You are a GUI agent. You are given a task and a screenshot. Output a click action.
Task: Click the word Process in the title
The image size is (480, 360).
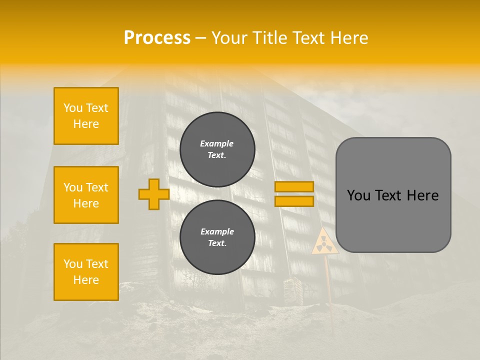[157, 38]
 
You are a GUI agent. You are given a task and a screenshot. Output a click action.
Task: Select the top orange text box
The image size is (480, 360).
[86, 116]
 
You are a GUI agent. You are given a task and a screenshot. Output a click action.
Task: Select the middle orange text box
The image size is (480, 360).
[86, 195]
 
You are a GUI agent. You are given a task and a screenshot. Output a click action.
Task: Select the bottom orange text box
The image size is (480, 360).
[86, 272]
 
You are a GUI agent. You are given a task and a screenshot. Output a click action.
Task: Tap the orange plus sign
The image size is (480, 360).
[153, 194]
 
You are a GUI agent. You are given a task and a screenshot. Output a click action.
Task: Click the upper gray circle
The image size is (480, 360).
[217, 149]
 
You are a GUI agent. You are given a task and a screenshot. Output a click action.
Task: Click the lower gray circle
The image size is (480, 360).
[217, 237]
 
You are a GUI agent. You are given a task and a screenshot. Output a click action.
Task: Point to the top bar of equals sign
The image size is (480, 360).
[294, 187]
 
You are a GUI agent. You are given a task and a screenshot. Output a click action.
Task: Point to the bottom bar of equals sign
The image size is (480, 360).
[294, 201]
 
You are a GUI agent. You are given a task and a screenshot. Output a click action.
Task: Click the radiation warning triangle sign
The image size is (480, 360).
[324, 242]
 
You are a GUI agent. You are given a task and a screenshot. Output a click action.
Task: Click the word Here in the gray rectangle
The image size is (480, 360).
[422, 195]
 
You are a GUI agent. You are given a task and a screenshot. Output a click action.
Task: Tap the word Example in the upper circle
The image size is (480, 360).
[216, 143]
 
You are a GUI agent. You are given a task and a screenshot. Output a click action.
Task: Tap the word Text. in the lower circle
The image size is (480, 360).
[217, 243]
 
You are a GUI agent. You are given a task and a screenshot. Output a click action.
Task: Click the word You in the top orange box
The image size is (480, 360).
[72, 108]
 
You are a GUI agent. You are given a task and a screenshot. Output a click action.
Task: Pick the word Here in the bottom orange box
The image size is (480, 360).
[86, 280]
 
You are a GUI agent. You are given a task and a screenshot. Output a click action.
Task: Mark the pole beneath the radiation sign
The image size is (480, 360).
[328, 280]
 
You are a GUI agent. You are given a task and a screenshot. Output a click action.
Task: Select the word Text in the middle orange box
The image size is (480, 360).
[97, 187]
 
